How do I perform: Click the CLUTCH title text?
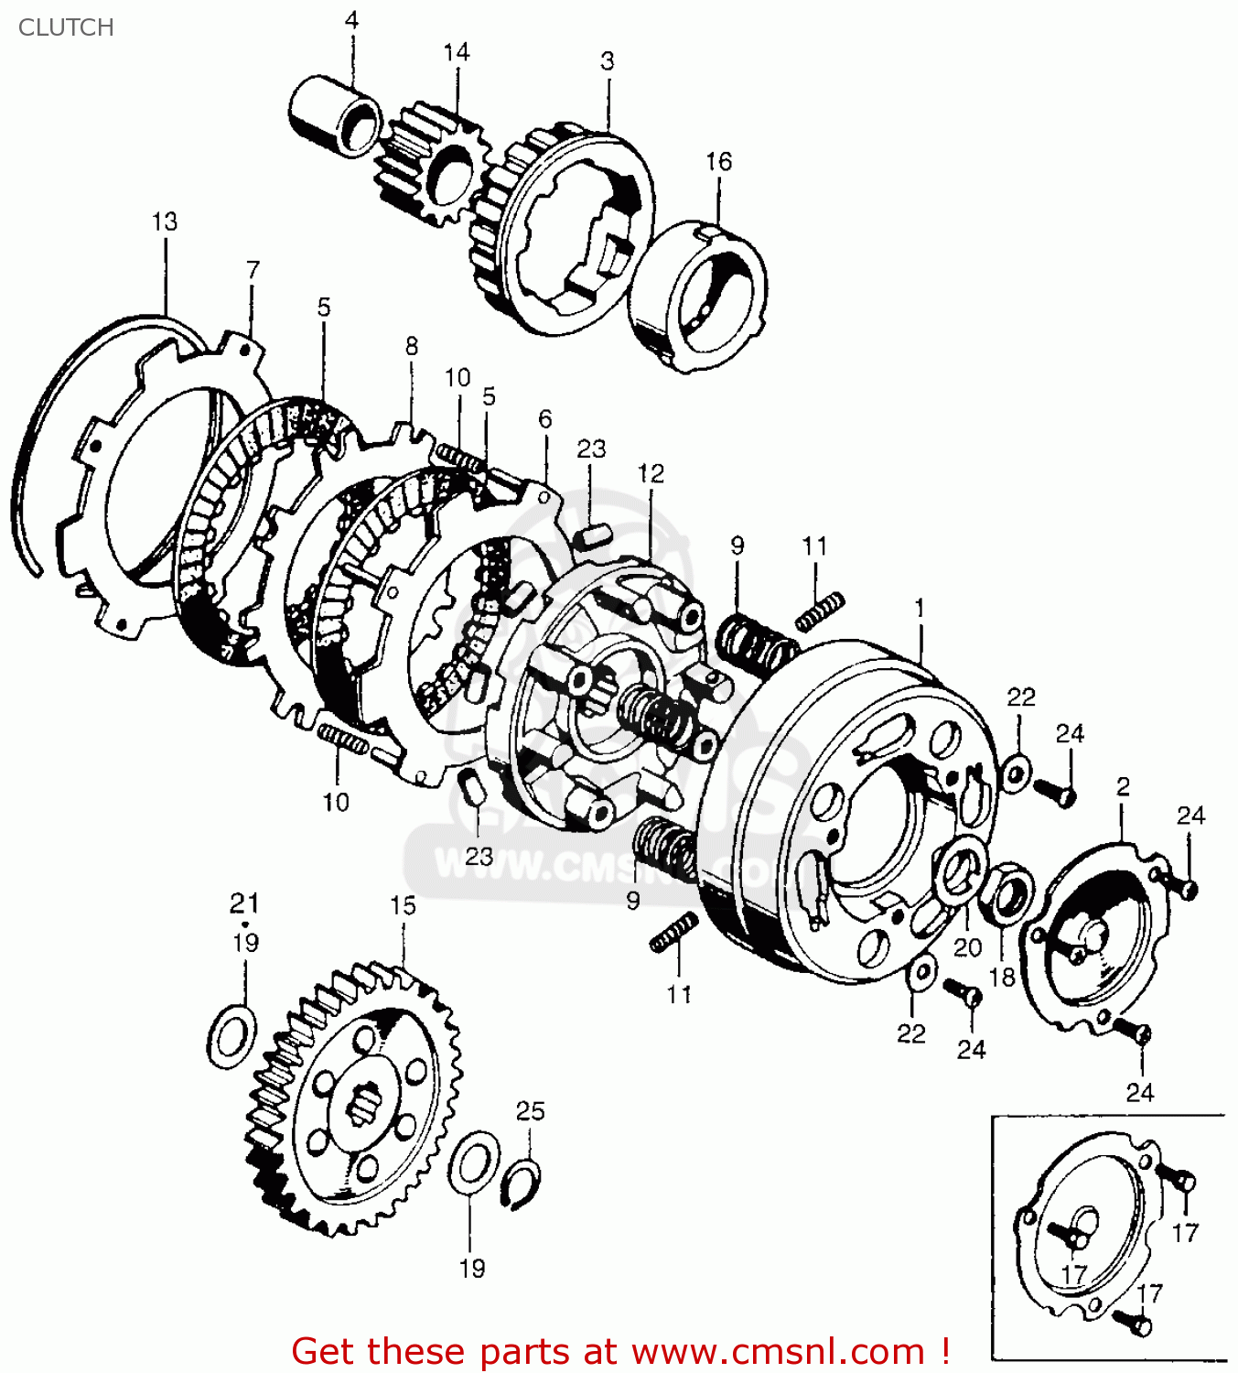click(66, 27)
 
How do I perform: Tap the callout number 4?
click(351, 20)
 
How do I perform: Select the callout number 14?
click(456, 52)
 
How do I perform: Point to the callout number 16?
click(718, 162)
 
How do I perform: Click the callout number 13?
click(165, 222)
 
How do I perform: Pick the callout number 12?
click(651, 473)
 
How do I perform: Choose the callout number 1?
click(920, 608)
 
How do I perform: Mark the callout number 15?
click(403, 905)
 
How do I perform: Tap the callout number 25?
click(530, 1111)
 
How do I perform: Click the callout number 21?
click(244, 903)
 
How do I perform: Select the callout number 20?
click(967, 947)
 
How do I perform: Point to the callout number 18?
click(1002, 977)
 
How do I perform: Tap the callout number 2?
click(1123, 786)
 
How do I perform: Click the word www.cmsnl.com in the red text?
click(778, 1352)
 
